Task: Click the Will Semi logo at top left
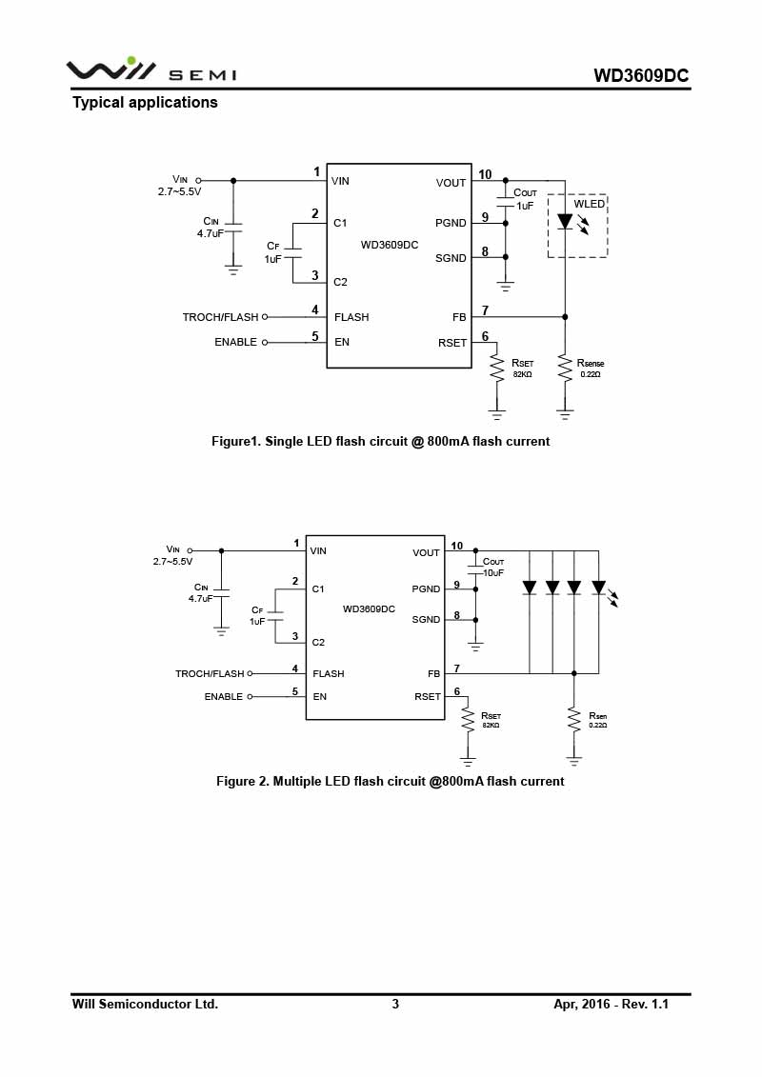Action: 151,70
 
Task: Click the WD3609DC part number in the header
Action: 641,75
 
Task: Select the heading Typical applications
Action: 145,102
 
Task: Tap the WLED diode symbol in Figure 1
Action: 565,221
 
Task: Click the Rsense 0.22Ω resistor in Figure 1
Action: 565,369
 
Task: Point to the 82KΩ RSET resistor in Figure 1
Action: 497,369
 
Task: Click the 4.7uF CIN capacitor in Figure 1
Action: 233,228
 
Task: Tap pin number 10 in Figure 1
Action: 485,174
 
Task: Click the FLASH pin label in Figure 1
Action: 351,317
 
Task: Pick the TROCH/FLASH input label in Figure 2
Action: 210,674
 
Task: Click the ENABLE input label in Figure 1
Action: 235,342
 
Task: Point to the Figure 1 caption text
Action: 381,442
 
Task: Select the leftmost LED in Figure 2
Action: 530,588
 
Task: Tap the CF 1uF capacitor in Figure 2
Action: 275,616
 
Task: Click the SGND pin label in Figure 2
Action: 426,620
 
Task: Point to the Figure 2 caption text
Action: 391,782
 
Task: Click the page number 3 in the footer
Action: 395,1005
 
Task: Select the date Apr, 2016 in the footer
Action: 582,1005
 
